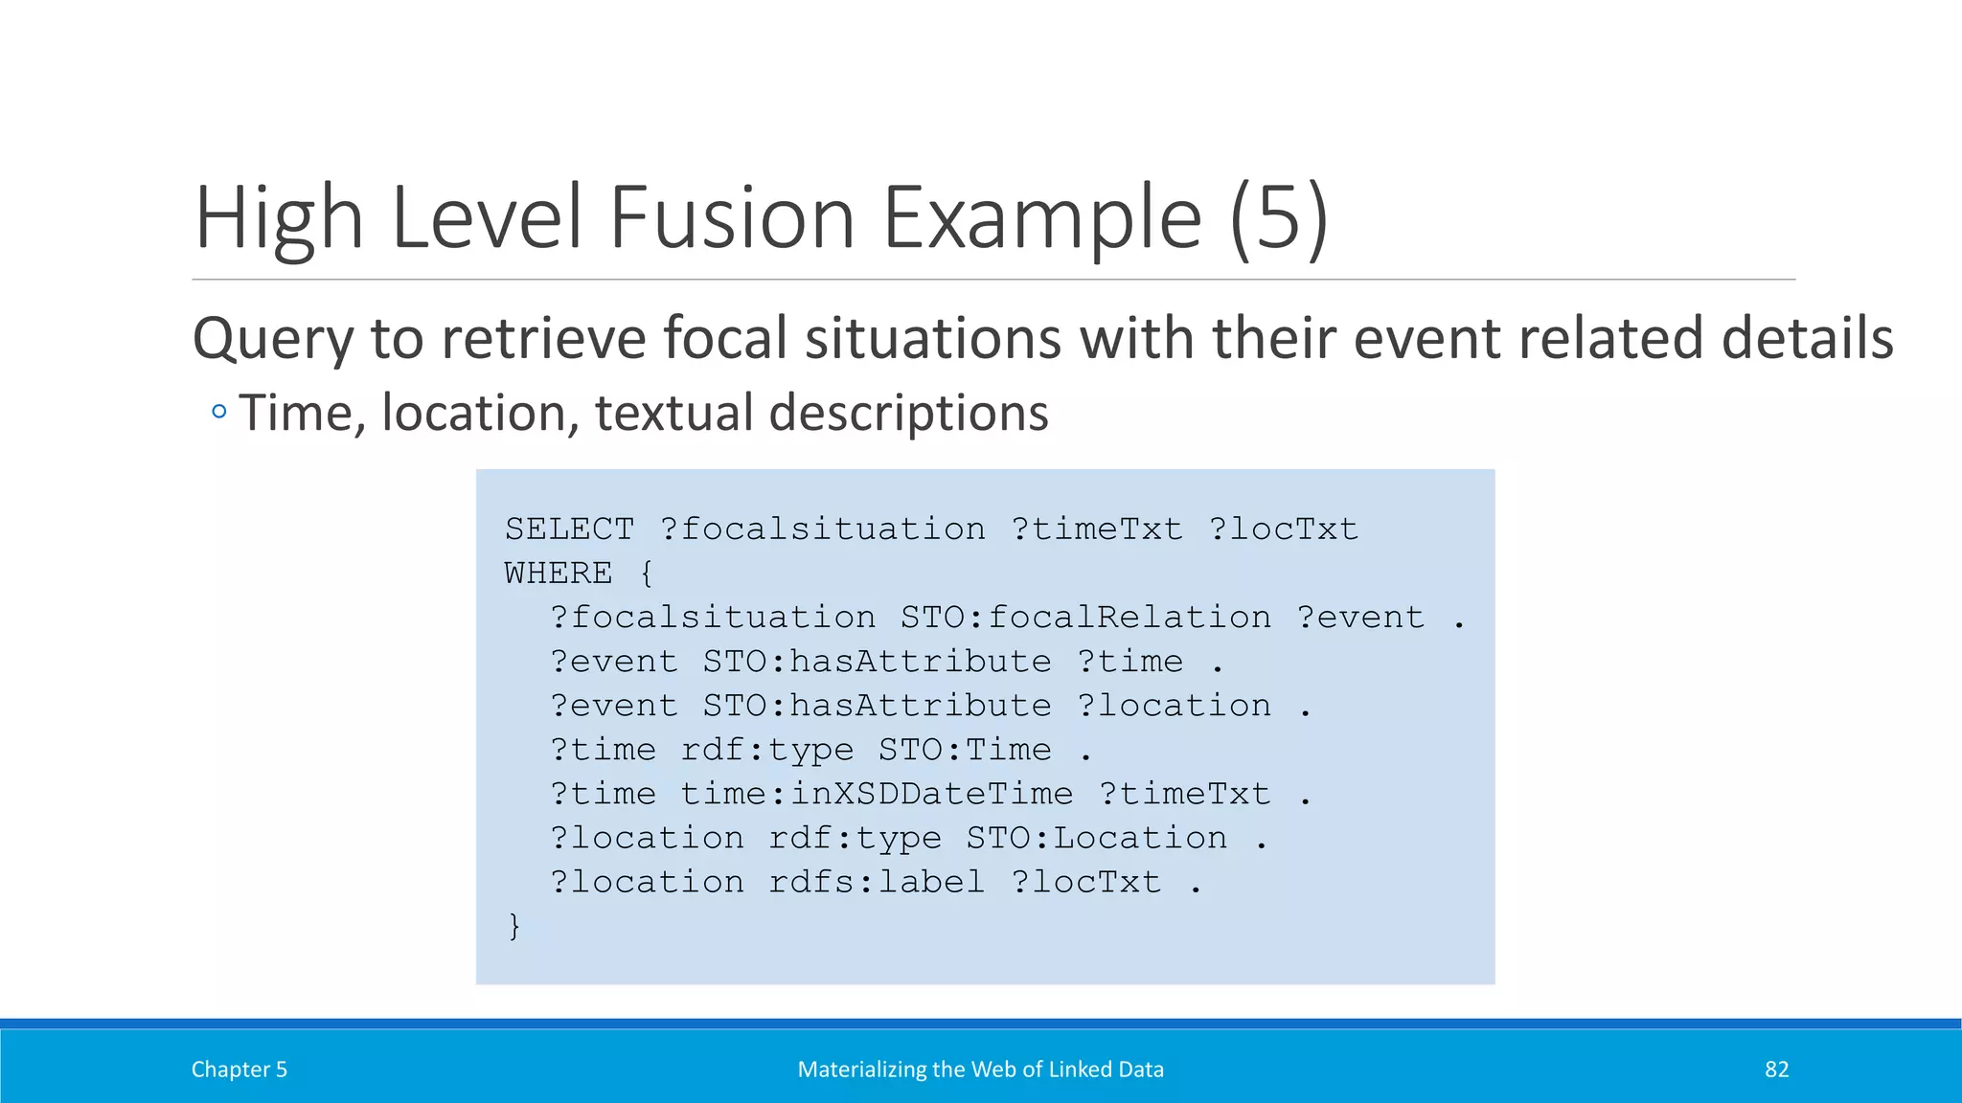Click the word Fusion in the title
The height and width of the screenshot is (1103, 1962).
pos(732,217)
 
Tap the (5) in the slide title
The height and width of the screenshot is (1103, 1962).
pos(1279,219)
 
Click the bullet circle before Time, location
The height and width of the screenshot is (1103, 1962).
pos(219,413)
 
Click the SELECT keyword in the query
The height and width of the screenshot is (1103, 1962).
pos(569,529)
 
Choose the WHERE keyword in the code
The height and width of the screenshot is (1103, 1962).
pos(559,574)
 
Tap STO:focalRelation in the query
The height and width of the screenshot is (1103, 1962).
pos(1085,618)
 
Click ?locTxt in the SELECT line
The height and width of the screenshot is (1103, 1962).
pos(1283,529)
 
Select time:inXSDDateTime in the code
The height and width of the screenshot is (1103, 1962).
pos(877,794)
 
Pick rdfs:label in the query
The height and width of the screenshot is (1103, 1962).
pos(877,882)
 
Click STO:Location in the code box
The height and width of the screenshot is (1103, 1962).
pos(1096,838)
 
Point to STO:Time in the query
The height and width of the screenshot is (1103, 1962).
pos(965,750)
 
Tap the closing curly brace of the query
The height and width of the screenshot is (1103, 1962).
pos(514,926)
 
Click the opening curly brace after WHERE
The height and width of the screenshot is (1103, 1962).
pos(647,574)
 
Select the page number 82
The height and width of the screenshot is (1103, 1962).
pos(1776,1069)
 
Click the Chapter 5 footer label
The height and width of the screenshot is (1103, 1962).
pos(240,1069)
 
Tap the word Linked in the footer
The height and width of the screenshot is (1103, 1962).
pos(1081,1069)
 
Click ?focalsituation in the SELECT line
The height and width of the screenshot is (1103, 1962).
pos(822,529)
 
